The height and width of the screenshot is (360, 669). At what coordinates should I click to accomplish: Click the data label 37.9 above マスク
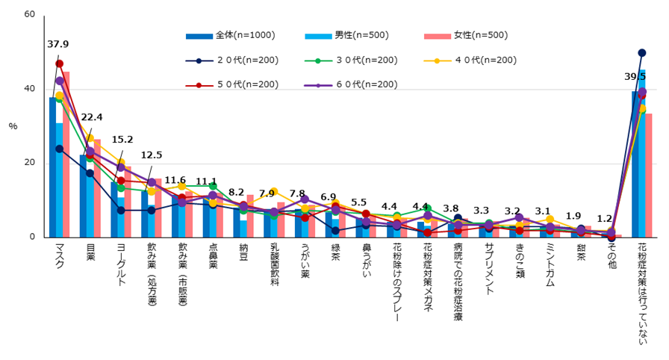point(57,45)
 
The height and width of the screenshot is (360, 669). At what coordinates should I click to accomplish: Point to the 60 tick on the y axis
point(30,14)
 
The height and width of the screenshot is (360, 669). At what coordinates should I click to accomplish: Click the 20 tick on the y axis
point(30,163)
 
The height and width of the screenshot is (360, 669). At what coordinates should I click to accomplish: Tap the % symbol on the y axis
point(13,126)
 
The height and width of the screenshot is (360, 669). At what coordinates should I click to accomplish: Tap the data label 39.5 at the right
point(636,76)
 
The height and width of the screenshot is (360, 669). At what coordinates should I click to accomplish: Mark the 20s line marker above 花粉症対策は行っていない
point(641,53)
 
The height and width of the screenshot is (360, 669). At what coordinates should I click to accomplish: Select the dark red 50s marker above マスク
point(59,63)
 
